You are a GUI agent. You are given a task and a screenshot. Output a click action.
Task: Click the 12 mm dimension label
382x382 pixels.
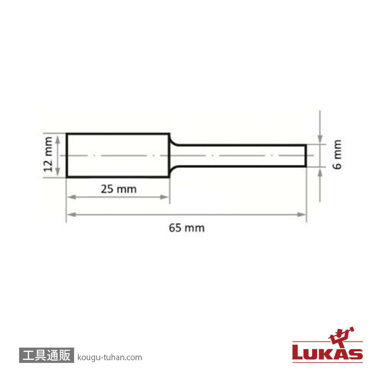(x=48, y=154)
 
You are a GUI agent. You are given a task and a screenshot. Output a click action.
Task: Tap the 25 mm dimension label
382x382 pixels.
(x=119, y=189)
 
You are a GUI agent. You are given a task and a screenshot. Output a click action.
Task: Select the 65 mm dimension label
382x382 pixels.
(x=187, y=228)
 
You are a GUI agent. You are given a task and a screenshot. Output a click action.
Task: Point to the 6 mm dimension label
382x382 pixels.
(x=337, y=154)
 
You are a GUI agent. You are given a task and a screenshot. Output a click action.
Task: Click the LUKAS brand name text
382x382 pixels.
(x=328, y=352)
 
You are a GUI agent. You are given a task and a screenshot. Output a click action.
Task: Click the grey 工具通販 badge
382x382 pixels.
(x=46, y=355)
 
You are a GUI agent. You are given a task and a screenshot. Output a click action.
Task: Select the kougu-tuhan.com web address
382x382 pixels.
(x=110, y=358)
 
